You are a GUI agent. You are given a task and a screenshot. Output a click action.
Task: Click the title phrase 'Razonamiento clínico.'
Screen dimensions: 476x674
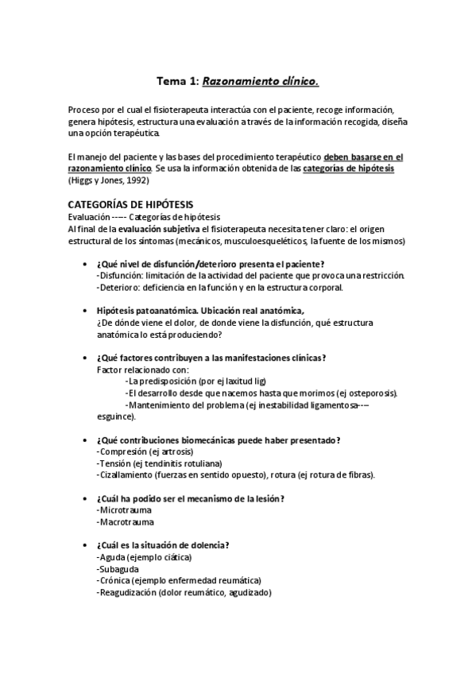click(x=261, y=80)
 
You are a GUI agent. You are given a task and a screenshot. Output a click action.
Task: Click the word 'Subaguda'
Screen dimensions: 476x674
click(x=118, y=569)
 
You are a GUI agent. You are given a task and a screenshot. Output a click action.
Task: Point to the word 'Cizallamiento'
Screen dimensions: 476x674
click(x=126, y=475)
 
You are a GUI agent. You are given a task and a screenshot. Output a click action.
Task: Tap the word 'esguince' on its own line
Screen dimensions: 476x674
click(x=114, y=416)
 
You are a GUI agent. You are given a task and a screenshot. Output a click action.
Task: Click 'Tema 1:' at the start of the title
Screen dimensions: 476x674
click(x=178, y=80)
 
